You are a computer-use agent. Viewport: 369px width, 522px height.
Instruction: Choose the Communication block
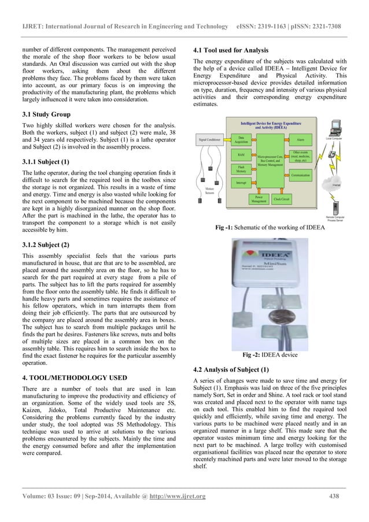coord(300,174)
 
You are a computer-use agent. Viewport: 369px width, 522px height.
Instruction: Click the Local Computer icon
coord(335,128)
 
